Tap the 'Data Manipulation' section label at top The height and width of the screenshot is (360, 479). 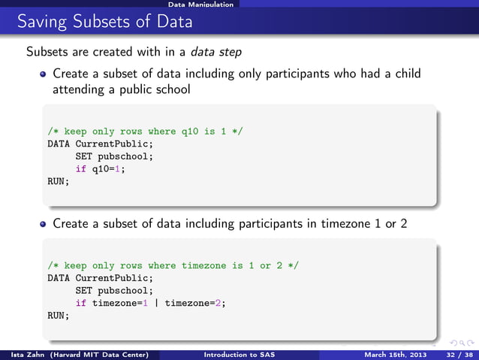200,5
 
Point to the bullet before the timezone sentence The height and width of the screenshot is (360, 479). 44,223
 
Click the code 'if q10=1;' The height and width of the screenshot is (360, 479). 100,168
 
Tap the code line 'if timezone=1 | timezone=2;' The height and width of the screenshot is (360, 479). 150,303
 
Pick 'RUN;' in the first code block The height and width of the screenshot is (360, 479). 59,181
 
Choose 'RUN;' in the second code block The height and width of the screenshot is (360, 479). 59,316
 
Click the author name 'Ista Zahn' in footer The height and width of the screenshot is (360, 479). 25,354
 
